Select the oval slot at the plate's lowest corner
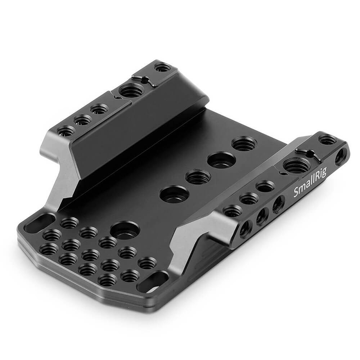153,282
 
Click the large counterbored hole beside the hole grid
125,230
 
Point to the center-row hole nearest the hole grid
174,194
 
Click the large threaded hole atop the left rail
131,91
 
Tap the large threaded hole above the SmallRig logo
297,165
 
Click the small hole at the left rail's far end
162,67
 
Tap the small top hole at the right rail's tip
327,140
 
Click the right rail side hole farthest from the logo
245,229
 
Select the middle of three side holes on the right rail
262,216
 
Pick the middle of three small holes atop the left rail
83,120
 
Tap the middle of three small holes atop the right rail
249,198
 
